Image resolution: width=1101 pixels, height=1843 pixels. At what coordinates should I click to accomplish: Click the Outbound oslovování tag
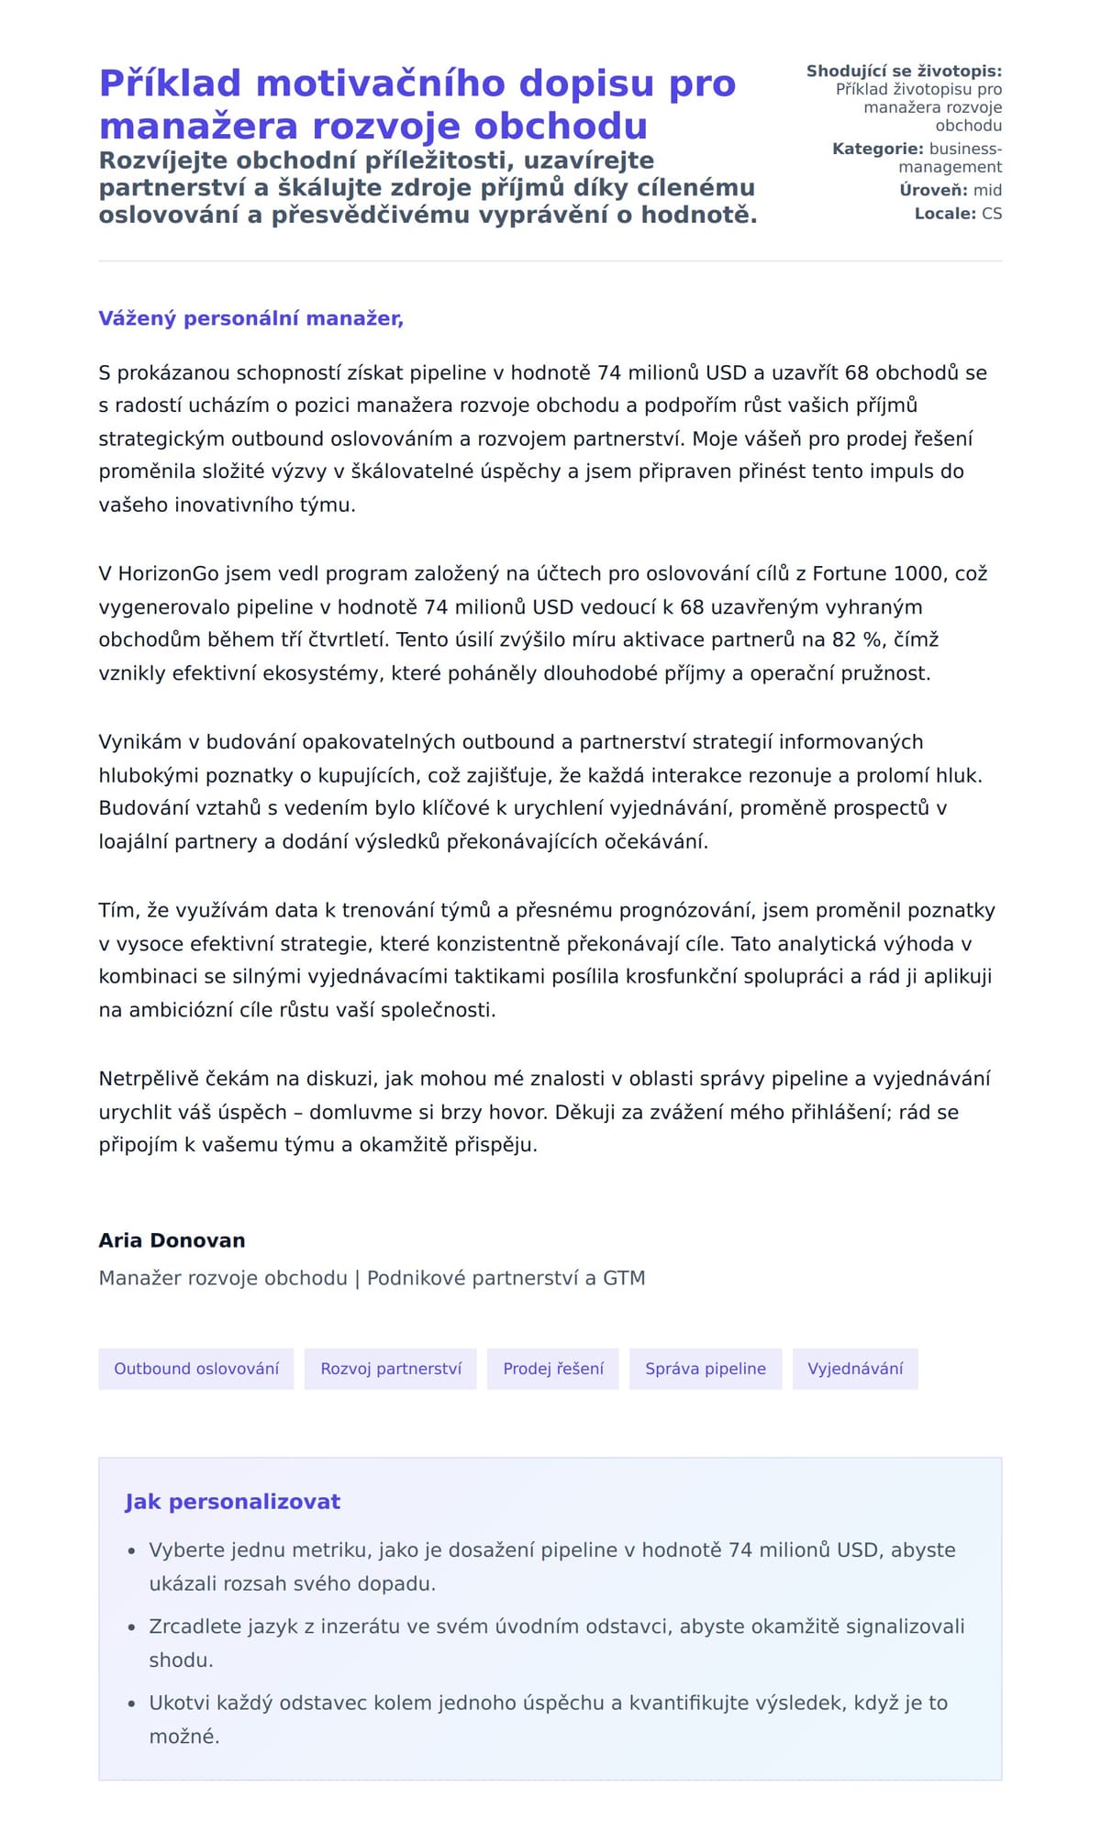click(196, 1369)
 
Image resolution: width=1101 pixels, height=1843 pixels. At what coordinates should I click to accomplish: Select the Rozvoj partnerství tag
click(391, 1369)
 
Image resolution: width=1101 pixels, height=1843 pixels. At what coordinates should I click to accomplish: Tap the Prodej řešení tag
click(553, 1369)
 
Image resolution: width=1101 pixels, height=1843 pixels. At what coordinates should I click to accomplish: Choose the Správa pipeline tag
click(706, 1369)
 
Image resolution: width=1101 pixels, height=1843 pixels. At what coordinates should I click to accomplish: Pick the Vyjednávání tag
click(855, 1369)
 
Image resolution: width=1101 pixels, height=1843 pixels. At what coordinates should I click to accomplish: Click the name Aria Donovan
click(172, 1240)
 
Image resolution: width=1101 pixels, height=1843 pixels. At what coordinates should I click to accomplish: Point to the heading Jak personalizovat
click(232, 1502)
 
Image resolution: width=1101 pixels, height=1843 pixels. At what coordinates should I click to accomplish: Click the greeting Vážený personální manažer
click(250, 318)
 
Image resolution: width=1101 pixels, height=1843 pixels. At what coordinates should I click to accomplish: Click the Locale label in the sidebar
click(945, 214)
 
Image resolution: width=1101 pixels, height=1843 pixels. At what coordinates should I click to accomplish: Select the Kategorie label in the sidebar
click(877, 149)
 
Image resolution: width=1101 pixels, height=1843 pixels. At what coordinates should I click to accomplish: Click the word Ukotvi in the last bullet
click(179, 1703)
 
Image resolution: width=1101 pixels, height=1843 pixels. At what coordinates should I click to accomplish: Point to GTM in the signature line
click(624, 1278)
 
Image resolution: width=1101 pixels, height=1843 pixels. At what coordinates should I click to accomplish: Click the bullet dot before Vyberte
click(131, 1551)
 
